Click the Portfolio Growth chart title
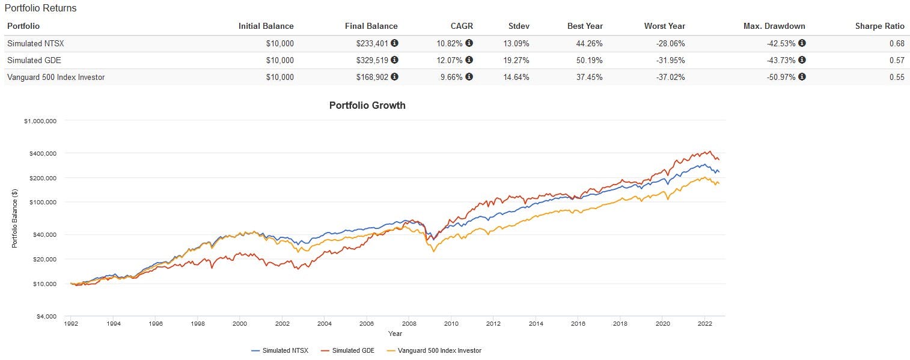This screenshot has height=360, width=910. pos(367,106)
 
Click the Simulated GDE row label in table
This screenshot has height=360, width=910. pos(34,60)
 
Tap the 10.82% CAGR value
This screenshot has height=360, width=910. pos(449,43)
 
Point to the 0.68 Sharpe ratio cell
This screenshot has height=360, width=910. pos(897,43)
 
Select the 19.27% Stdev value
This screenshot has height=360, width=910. pos(516,60)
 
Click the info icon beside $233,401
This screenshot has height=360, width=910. pos(394,43)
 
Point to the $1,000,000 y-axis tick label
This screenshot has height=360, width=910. pos(40,121)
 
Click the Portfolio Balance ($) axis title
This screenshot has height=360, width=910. pos(14,218)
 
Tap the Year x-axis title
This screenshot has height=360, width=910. pos(395,334)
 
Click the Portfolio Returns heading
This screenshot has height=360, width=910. pos(40,9)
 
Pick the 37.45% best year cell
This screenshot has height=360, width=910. pos(590,77)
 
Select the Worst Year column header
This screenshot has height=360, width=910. pos(664,26)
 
